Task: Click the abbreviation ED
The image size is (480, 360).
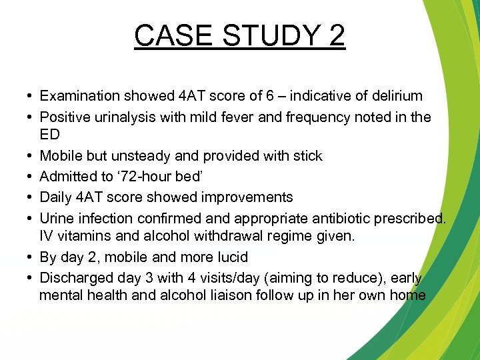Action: click(49, 135)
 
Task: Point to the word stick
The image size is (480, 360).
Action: click(305, 156)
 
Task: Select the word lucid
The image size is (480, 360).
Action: click(228, 257)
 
